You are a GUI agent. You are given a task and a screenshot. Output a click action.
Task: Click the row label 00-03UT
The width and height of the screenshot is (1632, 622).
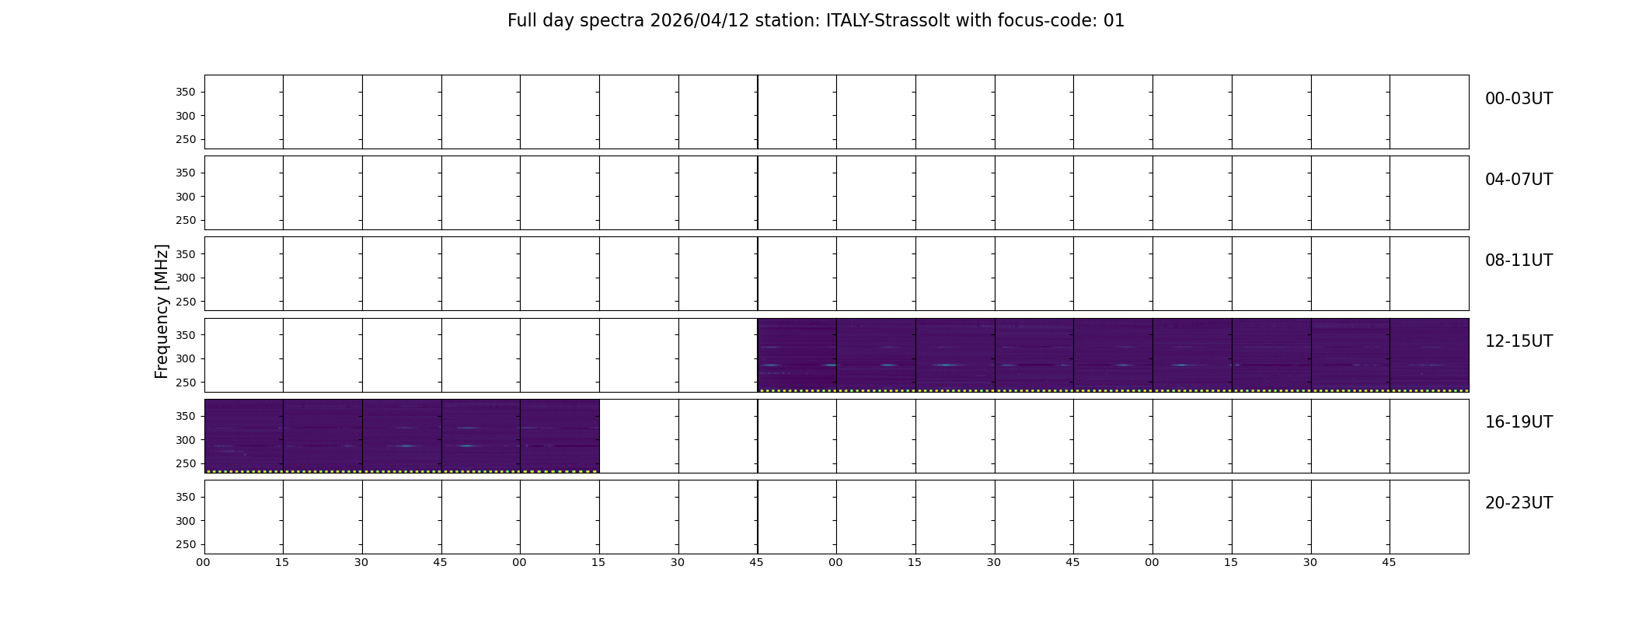[x=1519, y=99]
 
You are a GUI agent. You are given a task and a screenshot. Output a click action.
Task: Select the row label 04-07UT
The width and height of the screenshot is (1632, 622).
[x=1519, y=180]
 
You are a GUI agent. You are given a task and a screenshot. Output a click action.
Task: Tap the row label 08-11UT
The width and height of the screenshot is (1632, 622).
[x=1519, y=260]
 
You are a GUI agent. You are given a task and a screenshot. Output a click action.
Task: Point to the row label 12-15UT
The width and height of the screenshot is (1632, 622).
[x=1519, y=341]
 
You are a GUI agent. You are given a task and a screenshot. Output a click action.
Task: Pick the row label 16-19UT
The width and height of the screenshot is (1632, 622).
[x=1519, y=422]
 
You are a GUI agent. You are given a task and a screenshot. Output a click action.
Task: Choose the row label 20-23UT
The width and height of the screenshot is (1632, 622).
[x=1519, y=503]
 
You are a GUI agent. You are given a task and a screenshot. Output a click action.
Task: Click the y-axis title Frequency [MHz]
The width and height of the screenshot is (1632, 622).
[x=162, y=311]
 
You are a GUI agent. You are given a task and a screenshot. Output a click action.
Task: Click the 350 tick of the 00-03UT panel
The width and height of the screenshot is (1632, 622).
[x=186, y=93]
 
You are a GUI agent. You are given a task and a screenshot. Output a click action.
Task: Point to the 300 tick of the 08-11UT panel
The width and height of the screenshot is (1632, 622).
[x=186, y=278]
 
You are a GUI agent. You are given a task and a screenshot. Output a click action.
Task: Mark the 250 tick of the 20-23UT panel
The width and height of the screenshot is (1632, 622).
[x=186, y=544]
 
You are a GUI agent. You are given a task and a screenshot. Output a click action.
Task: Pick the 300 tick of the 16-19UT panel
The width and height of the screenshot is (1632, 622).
[x=186, y=440]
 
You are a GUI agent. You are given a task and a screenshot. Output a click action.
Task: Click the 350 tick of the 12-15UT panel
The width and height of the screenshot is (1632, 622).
[x=186, y=335]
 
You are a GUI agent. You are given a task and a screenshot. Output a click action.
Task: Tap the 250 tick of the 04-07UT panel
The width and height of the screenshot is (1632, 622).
[x=186, y=220]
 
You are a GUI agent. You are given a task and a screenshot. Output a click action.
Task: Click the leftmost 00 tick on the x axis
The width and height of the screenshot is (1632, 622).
[x=203, y=562]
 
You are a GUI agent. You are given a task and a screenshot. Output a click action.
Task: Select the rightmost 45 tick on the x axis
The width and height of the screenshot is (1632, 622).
[x=1389, y=562]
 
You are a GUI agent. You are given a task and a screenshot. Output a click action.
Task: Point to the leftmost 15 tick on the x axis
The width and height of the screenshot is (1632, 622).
[x=282, y=562]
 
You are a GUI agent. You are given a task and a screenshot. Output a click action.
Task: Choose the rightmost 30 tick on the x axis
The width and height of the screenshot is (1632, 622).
[x=1310, y=562]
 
